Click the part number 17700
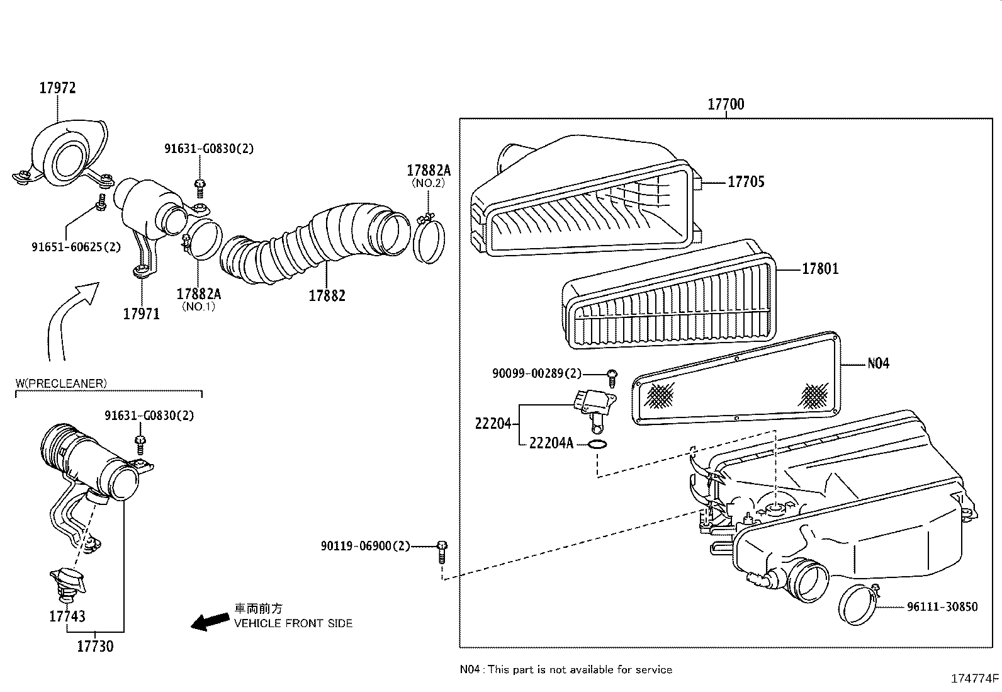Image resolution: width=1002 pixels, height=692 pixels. click(x=725, y=105)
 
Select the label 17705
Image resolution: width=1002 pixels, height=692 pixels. click(x=746, y=182)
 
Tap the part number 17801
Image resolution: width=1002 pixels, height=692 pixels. click(x=819, y=269)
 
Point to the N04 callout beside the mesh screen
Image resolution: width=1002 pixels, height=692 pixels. click(x=878, y=363)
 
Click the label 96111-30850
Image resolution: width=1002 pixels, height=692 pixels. click(x=942, y=607)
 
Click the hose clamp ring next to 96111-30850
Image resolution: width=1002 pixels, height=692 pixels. click(x=859, y=604)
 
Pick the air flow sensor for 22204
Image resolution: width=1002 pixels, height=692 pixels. click(x=593, y=407)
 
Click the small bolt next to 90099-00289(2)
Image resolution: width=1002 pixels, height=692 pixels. click(x=611, y=377)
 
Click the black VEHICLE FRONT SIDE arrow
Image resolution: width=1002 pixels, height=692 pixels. click(x=210, y=621)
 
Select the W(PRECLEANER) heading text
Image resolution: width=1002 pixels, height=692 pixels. click(x=61, y=383)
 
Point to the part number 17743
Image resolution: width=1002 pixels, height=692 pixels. click(x=67, y=616)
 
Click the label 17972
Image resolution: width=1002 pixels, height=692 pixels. click(x=57, y=88)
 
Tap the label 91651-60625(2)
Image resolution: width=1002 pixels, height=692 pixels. click(x=76, y=247)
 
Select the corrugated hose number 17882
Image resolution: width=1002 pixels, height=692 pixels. click(x=327, y=295)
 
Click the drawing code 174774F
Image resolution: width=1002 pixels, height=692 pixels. click(x=974, y=679)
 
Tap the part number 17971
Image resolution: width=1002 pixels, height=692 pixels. click(x=141, y=314)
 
